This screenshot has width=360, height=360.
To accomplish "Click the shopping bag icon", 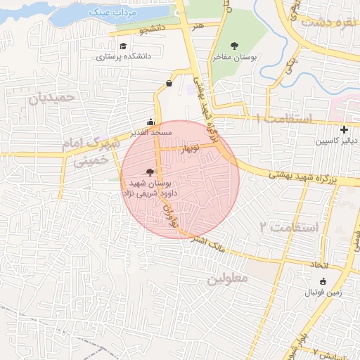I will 169,83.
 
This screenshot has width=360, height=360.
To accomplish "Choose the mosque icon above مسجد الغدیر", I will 150,122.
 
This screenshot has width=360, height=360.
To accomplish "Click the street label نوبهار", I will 189,149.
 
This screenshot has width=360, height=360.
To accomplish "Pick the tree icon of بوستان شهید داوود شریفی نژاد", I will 149,172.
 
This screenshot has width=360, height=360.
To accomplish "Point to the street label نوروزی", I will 167,214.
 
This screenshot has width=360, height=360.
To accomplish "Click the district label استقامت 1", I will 286,118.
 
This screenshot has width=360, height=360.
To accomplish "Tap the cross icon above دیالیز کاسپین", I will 343,129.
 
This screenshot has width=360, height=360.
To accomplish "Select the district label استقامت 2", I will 289,227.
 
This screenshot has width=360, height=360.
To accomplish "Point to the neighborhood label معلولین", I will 229,278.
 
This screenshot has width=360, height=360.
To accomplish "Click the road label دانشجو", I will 153,30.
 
